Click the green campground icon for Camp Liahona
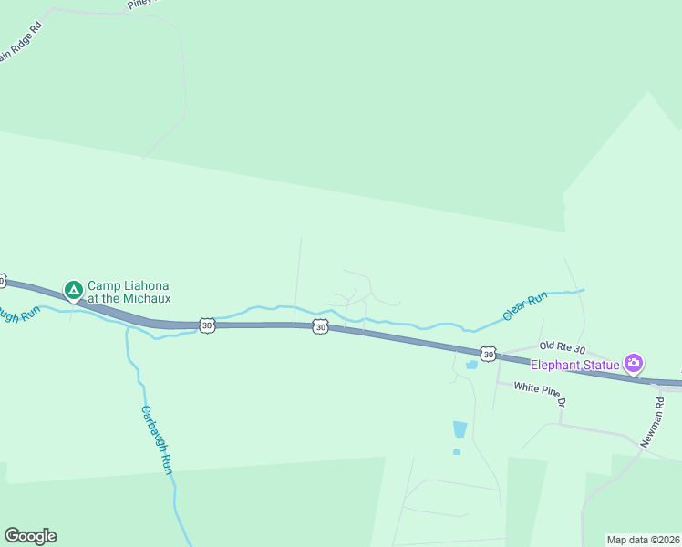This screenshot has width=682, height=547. point(73,290)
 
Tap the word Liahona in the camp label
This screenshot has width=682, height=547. point(148,285)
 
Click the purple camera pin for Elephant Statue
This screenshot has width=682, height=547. point(634,363)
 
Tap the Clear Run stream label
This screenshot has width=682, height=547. point(525,305)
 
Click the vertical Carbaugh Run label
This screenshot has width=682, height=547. point(156,439)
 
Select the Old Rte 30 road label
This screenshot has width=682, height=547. point(561,346)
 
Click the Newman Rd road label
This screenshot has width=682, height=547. point(650,422)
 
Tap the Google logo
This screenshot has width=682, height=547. point(30,536)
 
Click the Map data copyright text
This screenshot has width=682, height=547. point(643,540)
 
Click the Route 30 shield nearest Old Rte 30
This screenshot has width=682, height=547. point(488,354)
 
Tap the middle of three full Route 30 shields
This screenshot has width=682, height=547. point(319,326)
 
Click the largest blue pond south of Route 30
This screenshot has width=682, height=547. point(460,428)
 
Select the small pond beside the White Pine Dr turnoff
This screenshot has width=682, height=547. point(470,366)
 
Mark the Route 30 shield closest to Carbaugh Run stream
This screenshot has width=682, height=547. point(207,325)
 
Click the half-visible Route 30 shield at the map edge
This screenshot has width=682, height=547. point(3,280)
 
